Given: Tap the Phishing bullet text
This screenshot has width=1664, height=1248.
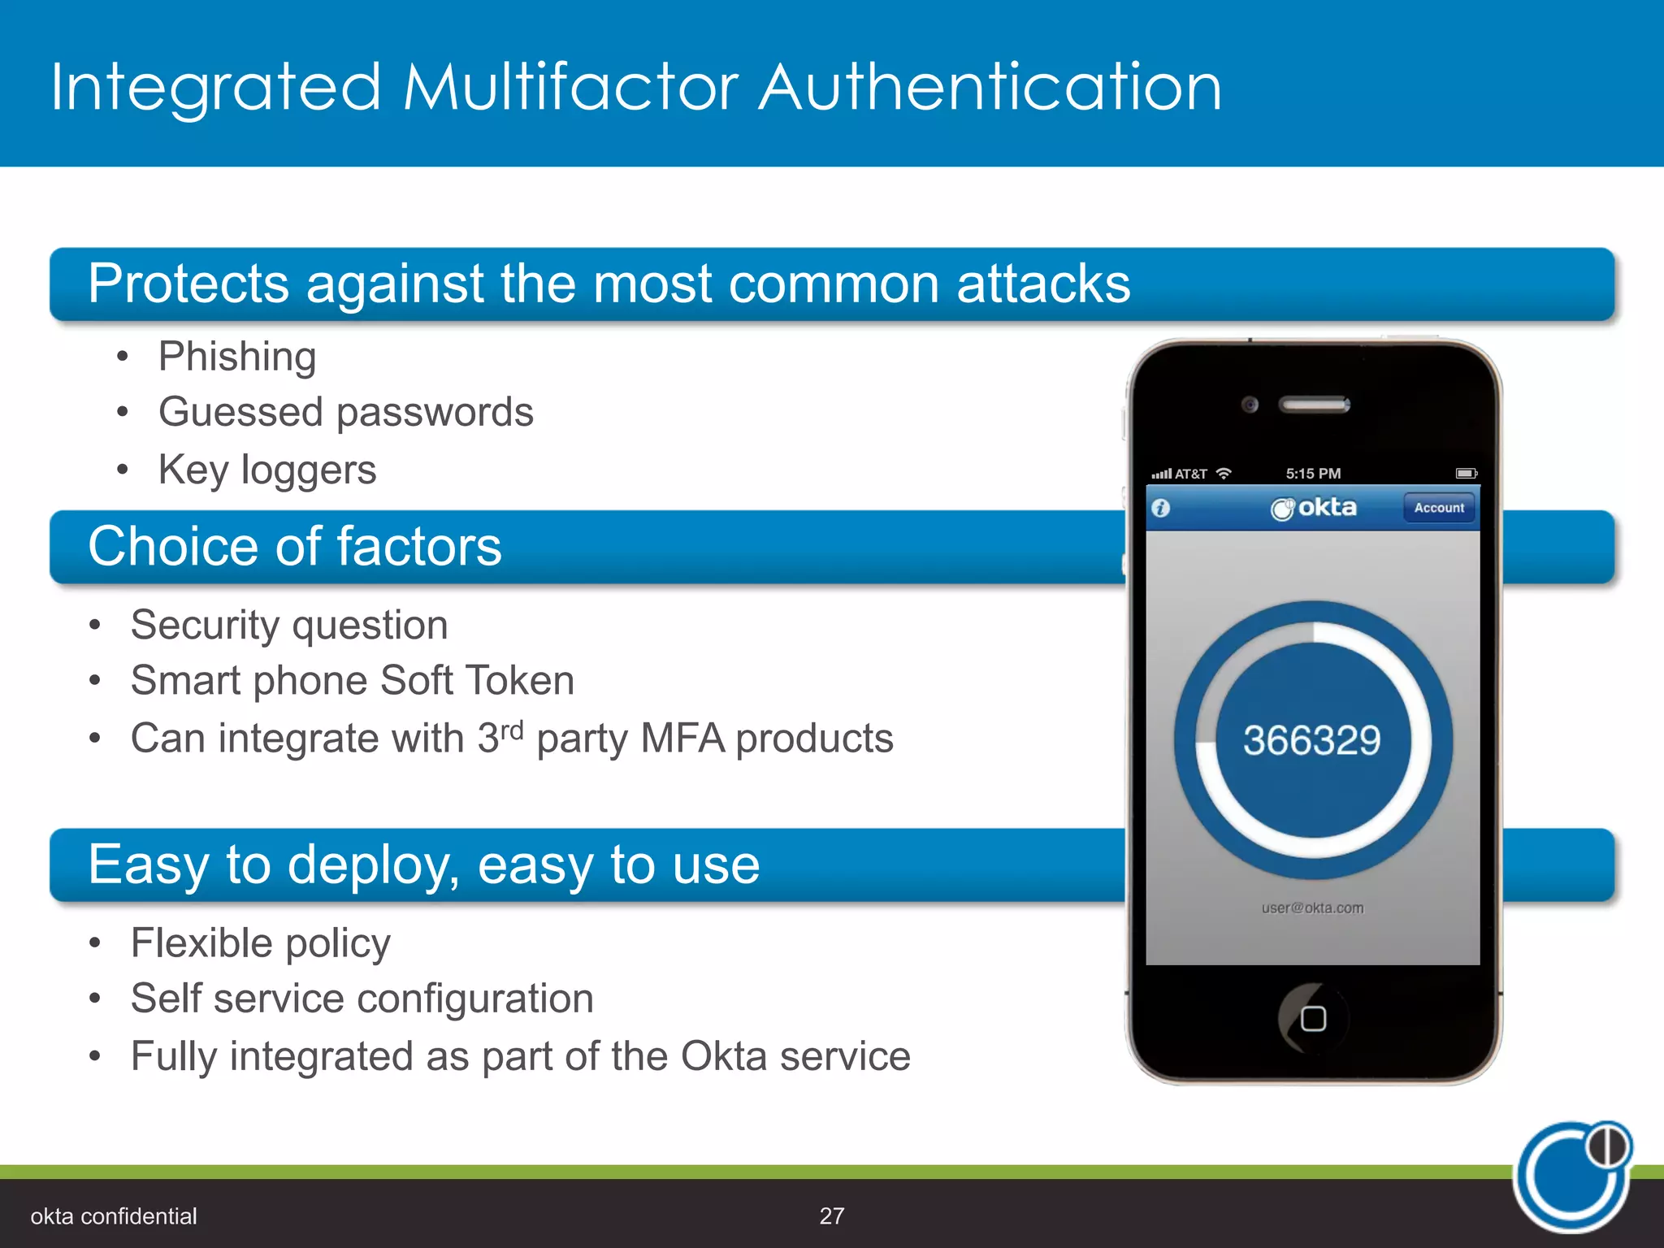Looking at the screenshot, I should pos(237,357).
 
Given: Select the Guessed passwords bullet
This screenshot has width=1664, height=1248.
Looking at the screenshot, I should pos(346,413).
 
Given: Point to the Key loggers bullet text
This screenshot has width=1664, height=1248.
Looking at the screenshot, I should pos(267,470).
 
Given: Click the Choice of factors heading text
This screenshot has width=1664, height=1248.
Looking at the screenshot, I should pos(295,546).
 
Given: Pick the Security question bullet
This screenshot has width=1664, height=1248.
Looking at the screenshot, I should pos(289,626).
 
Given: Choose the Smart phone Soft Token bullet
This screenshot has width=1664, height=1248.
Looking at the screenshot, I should pos(353,681).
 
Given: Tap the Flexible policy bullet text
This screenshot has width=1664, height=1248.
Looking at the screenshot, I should pos(261,944).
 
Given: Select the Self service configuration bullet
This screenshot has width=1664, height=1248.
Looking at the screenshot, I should pos(362,999).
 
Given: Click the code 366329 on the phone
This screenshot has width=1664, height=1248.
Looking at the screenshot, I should pos(1311,740).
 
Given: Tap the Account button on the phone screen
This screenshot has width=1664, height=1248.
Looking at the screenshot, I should pos(1439,508).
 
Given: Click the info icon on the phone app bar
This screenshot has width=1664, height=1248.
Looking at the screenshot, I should pos(1161,509).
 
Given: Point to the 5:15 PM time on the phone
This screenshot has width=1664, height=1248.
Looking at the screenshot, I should pos(1313,474).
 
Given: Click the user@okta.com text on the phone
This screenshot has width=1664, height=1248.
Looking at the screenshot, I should pos(1312,908).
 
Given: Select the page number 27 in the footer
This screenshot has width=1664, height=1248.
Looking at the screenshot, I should pos(832,1215).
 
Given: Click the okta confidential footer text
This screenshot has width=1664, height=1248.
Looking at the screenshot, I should pos(114,1216).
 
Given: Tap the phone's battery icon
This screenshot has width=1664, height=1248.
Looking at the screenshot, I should pos(1466,473).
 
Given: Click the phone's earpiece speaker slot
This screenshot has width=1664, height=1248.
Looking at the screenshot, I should pos(1314,404).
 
